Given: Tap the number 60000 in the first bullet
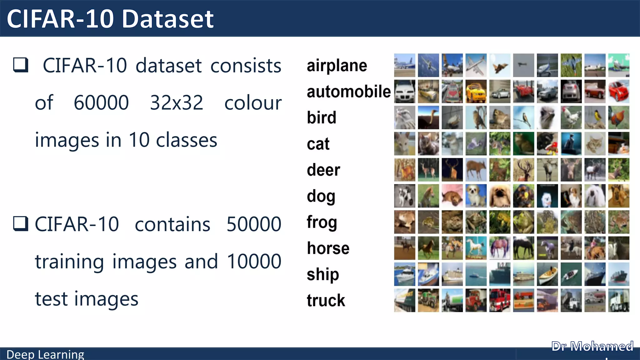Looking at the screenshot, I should [x=101, y=103].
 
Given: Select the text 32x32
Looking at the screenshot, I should [x=176, y=103].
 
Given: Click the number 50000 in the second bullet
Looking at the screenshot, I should [x=254, y=224].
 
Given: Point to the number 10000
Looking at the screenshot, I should [x=254, y=262].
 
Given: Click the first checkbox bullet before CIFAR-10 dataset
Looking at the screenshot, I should [x=21, y=65].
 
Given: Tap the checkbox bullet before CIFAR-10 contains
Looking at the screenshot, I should [x=21, y=224].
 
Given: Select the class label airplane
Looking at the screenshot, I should [x=337, y=66].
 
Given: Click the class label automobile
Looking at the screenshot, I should [x=348, y=92].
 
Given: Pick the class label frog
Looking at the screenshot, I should [x=322, y=222].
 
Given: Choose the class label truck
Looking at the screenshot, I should [x=326, y=300].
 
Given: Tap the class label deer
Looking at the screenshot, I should [x=323, y=170].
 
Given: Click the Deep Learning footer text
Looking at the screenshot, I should [x=45, y=354].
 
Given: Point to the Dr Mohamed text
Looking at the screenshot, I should [x=592, y=347].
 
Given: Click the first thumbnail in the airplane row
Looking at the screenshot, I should [x=404, y=65].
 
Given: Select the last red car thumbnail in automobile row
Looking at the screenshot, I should [x=618, y=92].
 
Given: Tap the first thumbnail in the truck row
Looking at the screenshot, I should [x=404, y=300].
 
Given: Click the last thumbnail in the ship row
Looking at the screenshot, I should [x=618, y=274].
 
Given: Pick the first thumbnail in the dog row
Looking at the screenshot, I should [x=404, y=196].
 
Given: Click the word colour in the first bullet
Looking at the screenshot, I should [x=253, y=103].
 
